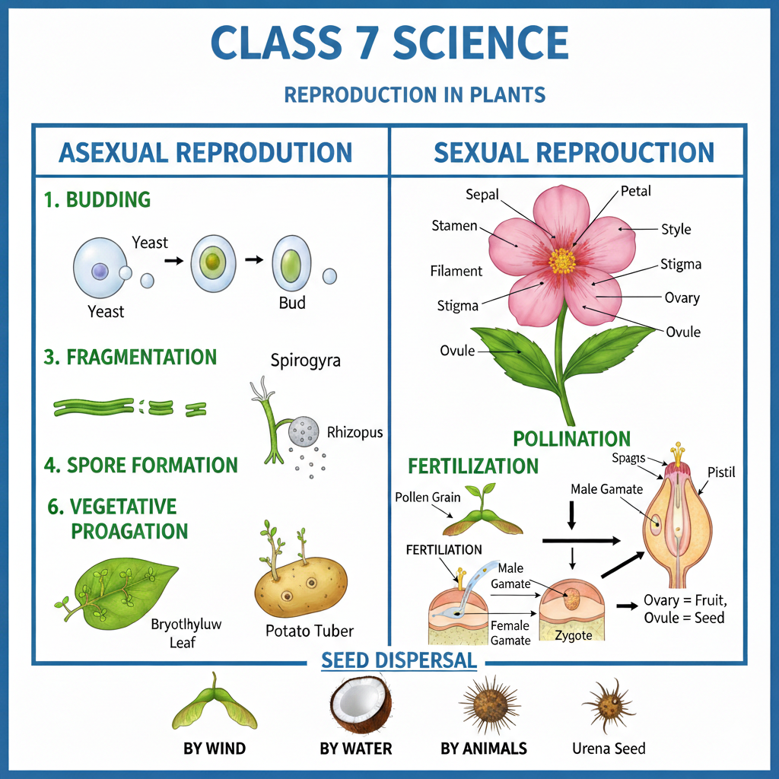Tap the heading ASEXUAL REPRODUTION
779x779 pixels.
pos(205,152)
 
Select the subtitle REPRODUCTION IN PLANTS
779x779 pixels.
pos(415,95)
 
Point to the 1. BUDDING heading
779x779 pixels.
pos(97,200)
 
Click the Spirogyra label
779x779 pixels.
pos(305,360)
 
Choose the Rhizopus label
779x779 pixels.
pos(355,432)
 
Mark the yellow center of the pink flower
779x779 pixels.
pos(563,260)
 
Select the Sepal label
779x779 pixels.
pos(482,195)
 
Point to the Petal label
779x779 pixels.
pos(636,191)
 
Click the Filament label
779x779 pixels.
pos(456,271)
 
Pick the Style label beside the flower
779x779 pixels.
pos(676,229)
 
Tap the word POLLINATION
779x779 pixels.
pos(571,439)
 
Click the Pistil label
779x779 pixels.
pos(722,473)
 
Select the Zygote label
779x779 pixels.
pos(573,635)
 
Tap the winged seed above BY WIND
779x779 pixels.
pos(215,707)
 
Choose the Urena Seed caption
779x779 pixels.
pos(609,749)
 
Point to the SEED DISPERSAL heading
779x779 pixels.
pos(399,660)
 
